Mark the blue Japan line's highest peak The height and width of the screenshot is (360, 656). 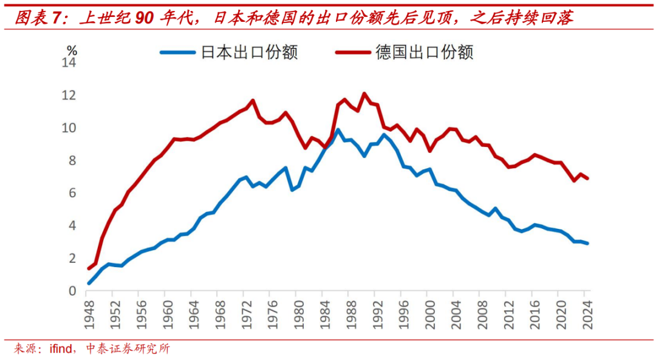click(x=338, y=130)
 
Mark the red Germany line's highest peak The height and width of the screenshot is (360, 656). click(x=364, y=93)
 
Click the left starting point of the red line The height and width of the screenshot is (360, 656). click(x=89, y=268)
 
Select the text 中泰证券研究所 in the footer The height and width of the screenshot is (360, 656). click(x=128, y=349)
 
